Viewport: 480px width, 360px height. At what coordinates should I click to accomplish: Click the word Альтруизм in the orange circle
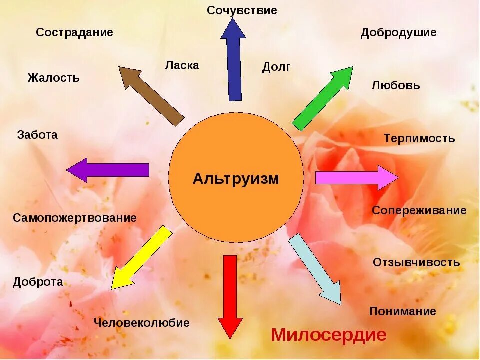coord(236,179)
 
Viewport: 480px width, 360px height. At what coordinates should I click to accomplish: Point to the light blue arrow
coord(315,269)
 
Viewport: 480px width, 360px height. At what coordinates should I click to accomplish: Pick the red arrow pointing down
coord(230,295)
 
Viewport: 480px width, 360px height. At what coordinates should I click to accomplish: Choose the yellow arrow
coord(141,258)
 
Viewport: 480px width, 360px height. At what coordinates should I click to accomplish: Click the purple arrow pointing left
coord(108,170)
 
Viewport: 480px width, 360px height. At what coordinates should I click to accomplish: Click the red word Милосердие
coord(329,335)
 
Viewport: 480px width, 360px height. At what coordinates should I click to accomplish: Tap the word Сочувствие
coord(242,10)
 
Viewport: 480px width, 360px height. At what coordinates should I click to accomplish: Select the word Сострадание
coord(74,33)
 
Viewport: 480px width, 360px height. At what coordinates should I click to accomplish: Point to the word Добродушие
coord(398,33)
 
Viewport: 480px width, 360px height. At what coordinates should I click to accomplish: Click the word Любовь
coord(396,85)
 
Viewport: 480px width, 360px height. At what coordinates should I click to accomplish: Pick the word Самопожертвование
coord(75,218)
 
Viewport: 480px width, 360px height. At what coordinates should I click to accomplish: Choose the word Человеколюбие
coord(142,323)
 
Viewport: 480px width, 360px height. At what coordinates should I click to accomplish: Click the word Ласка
coord(182,65)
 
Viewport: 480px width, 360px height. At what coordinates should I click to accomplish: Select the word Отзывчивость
coord(416,262)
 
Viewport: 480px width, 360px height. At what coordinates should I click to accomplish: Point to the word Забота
coord(37,135)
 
